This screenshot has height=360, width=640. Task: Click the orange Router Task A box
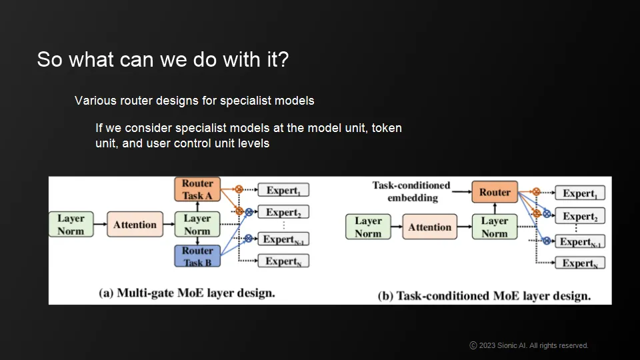[x=197, y=189]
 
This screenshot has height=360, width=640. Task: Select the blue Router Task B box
[x=197, y=256]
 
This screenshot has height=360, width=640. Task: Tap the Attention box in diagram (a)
[x=135, y=225]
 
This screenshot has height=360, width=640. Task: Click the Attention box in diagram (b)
[x=430, y=227]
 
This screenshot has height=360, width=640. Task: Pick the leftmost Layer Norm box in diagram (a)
[x=71, y=225]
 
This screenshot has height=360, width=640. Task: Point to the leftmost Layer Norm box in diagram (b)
[x=368, y=227]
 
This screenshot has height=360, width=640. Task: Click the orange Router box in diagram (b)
[x=495, y=192]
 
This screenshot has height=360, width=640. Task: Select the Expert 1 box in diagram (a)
[x=283, y=191]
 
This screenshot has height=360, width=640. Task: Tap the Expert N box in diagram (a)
[x=283, y=261]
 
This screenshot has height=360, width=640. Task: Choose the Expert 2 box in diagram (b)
[x=580, y=217]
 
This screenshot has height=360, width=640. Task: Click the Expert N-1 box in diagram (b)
[x=580, y=241]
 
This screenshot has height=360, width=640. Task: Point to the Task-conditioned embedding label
[x=411, y=191]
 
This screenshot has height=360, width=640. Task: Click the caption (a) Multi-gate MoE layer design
[x=187, y=293]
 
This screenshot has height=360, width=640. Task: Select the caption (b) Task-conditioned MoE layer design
[x=484, y=295]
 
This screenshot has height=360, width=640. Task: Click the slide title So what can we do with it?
[x=163, y=59]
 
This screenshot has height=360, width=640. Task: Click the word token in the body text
[x=387, y=127]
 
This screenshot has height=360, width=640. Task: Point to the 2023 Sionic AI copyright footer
[x=529, y=345]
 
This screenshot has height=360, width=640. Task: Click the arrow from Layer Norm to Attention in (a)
[x=99, y=225]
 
